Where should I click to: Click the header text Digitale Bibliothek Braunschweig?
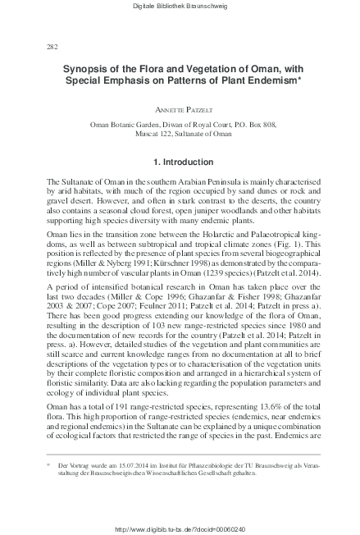coord(180,7)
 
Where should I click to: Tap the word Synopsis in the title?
coord(86,71)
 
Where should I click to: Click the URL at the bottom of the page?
coord(180,528)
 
